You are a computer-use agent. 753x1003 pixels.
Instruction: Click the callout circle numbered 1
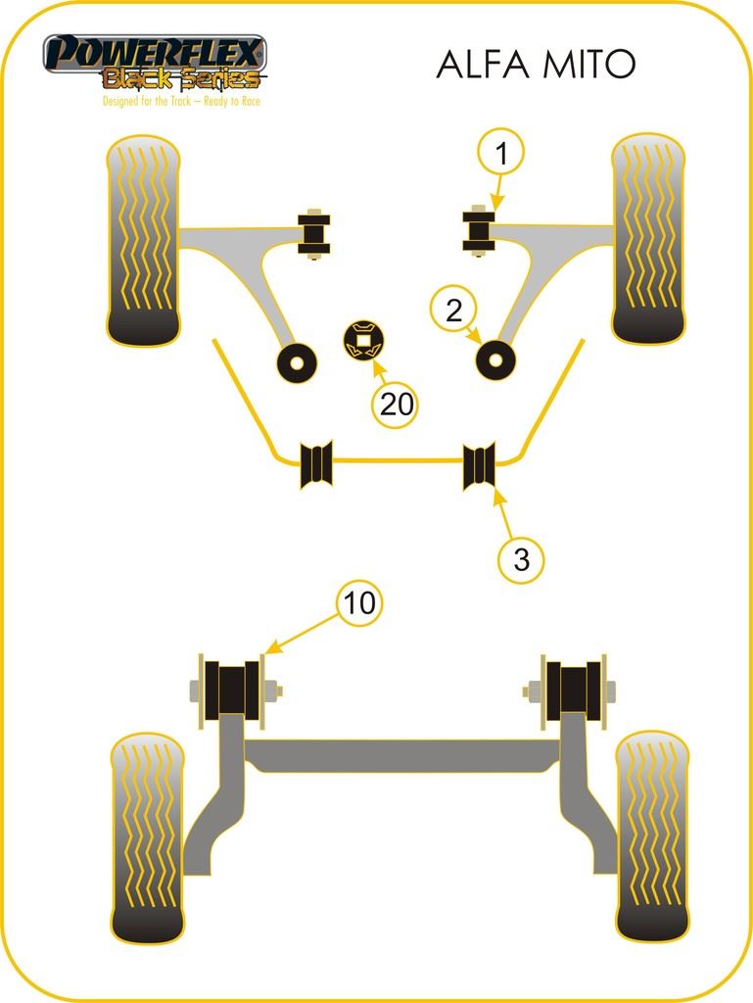pos(501,154)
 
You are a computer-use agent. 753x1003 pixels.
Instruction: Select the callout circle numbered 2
pos(453,310)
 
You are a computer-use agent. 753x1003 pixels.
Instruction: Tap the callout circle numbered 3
pos(522,559)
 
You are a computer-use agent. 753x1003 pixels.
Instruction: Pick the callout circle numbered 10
pos(360,602)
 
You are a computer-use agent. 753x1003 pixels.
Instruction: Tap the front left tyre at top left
pos(143,241)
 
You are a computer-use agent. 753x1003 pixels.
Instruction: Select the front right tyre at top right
pos(648,239)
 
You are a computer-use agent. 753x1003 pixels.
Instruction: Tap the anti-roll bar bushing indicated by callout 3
pos(479,465)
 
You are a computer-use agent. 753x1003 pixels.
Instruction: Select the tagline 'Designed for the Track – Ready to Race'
pos(181,101)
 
